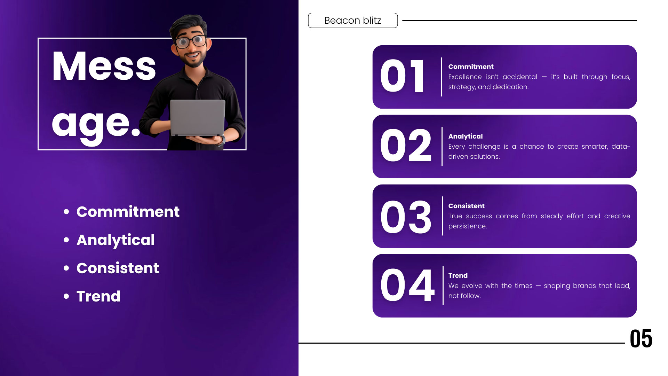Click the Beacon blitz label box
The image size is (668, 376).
coord(353,21)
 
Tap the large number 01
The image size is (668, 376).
coord(402,76)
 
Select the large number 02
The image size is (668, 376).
coord(406,145)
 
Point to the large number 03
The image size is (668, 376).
coord(406,217)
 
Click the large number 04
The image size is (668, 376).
coord(407,285)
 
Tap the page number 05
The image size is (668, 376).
coord(641,338)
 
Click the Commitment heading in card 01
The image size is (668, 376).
coord(471,66)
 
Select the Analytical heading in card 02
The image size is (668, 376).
coord(466,136)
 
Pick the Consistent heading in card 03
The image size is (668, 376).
coord(466,206)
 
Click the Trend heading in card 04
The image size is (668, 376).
coord(458,275)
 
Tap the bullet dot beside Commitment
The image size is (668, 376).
coord(66,212)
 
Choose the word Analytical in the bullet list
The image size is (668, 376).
coord(116,240)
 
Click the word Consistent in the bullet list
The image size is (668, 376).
coord(118,268)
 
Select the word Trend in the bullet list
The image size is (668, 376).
coord(98,296)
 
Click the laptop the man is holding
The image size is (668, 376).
coord(198,118)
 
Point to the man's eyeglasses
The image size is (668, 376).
coord(191,41)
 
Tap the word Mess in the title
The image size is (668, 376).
coord(104,66)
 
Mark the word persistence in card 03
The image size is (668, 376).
coord(468,226)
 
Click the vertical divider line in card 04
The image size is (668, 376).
coord(443,285)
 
